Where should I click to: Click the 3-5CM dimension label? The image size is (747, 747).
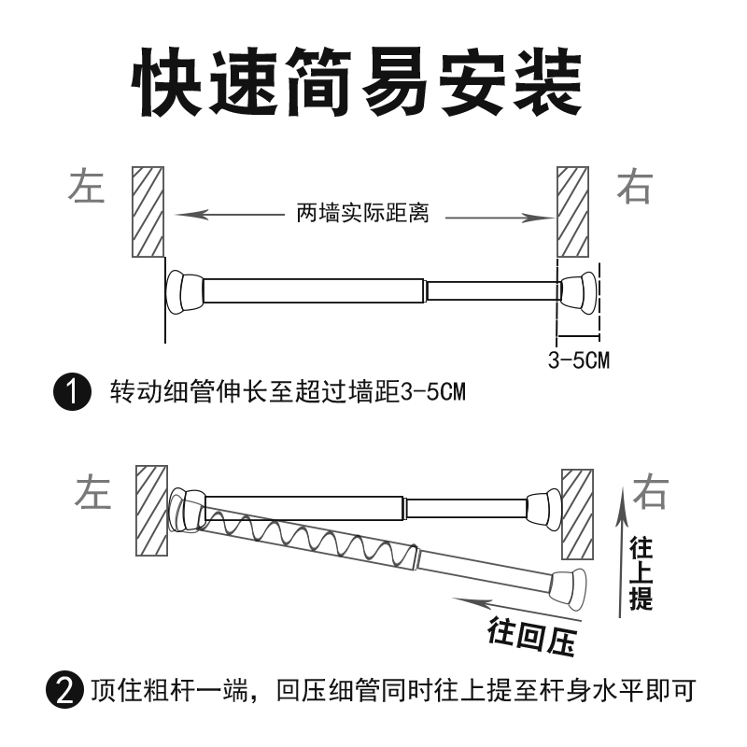click(x=578, y=359)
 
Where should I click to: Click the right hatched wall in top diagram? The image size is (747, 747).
click(x=572, y=212)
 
